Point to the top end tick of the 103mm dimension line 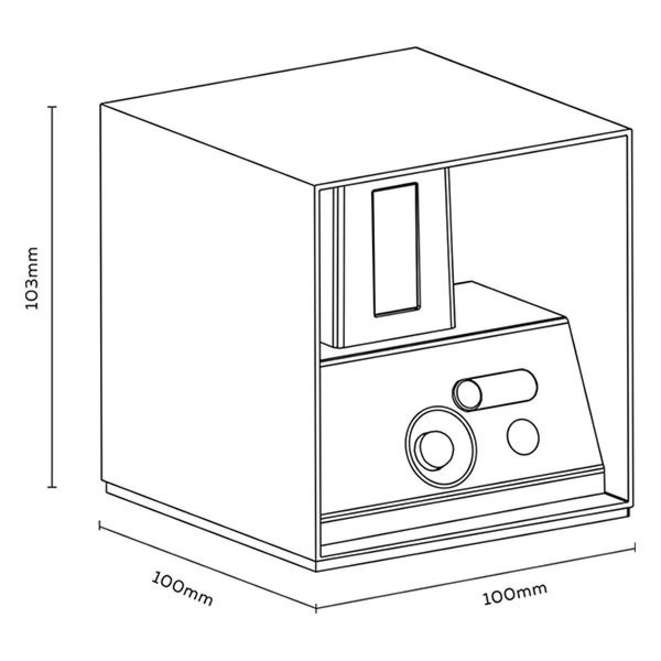pyautogui.click(x=53, y=107)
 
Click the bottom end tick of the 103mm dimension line pyautogui.click(x=53, y=486)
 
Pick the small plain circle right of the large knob pyautogui.click(x=523, y=436)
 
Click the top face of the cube pyautogui.click(x=364, y=116)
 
